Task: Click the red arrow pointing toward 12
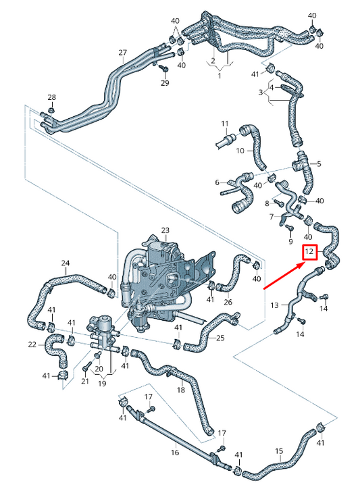(283, 276)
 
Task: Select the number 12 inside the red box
(309, 253)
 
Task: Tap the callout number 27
(122, 53)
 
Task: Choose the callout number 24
(66, 263)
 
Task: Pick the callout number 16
(174, 453)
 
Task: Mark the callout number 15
(279, 451)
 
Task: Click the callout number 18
(180, 390)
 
